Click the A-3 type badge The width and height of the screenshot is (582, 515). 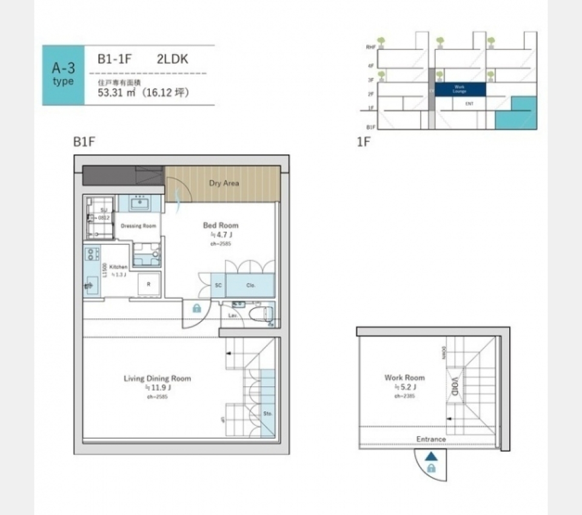pos(63,75)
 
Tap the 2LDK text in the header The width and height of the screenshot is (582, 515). pos(173,60)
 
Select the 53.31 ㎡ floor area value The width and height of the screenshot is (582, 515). pos(118,93)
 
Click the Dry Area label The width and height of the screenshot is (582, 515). pos(224,183)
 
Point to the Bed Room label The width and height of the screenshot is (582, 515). pos(221,225)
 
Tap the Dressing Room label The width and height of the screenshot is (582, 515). pos(139,226)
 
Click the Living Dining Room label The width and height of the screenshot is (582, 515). pos(157,378)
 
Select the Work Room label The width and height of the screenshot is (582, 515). pos(404,377)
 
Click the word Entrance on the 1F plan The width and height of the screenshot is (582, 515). pos(431,439)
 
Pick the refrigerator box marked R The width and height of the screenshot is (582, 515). pos(149,284)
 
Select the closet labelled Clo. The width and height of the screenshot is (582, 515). pos(251,285)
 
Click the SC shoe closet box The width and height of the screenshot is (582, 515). pos(218,285)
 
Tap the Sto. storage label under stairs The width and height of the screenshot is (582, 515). pos(267,414)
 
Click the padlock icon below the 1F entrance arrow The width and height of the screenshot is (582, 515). pos(430,468)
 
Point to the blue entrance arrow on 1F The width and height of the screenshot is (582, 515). pos(430,457)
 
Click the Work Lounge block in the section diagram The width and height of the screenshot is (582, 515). pos(460,90)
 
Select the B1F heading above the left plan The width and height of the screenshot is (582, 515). pos(85,142)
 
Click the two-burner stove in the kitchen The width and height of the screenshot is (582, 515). pos(92,254)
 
